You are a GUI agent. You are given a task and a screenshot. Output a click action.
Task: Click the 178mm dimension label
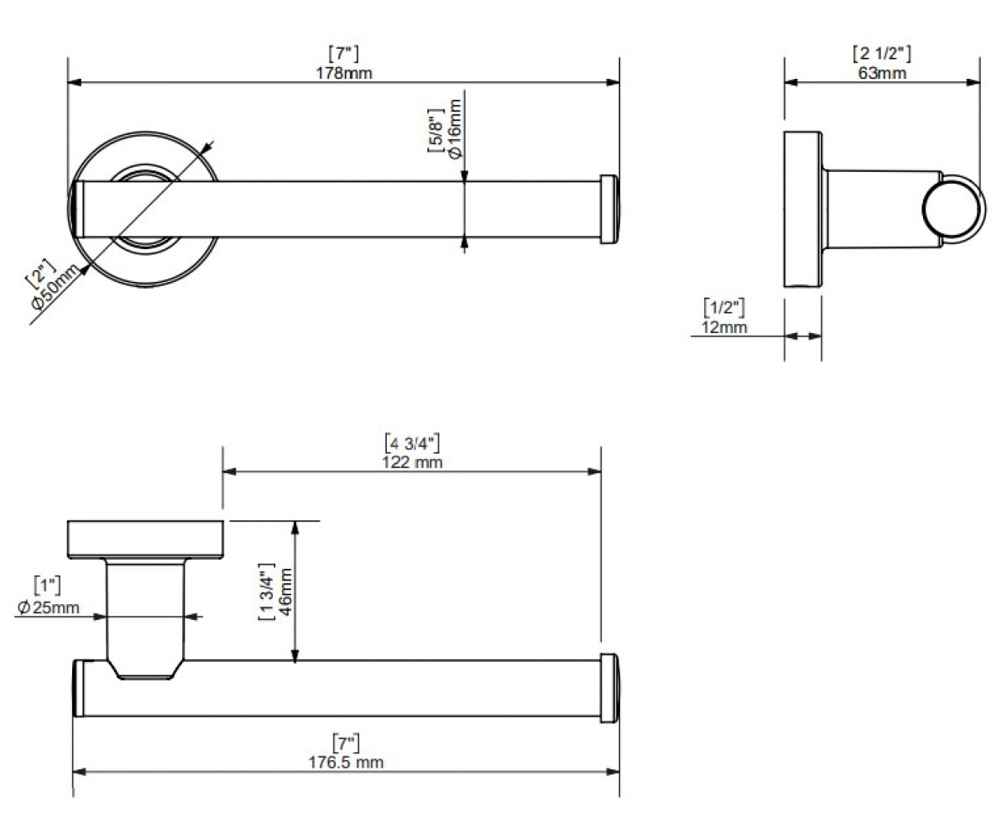344,73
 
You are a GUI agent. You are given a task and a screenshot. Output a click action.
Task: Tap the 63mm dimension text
882,73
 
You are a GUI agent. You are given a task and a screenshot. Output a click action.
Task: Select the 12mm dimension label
724,327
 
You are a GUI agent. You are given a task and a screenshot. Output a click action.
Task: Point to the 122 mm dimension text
412,462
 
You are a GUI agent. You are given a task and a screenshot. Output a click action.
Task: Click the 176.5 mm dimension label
346,763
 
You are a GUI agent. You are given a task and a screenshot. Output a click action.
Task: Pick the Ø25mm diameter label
48,607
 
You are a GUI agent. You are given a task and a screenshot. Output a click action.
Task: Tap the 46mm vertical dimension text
285,592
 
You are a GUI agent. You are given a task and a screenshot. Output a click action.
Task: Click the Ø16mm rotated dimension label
456,128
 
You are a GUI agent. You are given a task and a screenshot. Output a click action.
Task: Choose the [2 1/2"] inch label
882,54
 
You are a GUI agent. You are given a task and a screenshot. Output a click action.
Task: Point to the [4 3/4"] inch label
412,443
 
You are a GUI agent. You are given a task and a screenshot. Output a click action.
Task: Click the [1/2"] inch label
724,308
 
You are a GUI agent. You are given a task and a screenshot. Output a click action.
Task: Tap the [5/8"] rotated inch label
436,131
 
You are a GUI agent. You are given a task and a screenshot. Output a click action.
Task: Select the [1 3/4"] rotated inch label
267,591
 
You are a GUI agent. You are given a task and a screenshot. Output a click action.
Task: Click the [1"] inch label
47,586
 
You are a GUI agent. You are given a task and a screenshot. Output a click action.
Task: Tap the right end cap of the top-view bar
609,209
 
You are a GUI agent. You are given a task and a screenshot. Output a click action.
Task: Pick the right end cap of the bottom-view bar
609,688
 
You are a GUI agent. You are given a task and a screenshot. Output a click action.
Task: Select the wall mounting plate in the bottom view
145,539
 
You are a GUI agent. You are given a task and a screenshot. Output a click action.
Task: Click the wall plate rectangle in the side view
802,209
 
